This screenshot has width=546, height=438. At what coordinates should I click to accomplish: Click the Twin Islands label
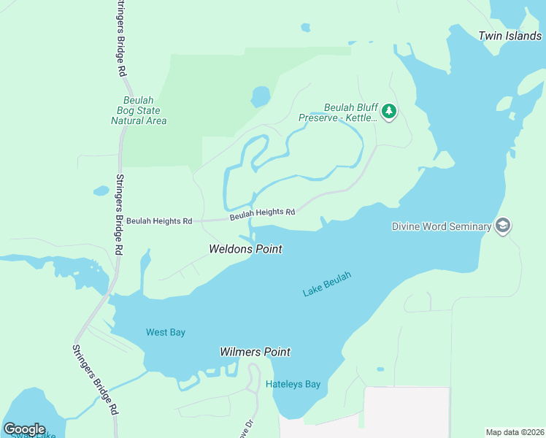[510, 36]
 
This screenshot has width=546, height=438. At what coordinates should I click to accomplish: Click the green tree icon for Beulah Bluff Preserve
[390, 111]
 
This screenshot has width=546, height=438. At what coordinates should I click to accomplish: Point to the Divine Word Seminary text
[441, 226]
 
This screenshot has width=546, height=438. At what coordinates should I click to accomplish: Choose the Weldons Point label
[245, 249]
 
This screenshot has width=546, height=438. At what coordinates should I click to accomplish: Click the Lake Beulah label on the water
[327, 283]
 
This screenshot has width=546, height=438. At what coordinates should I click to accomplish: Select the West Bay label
[166, 332]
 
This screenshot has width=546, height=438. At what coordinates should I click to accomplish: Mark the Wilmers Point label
[255, 352]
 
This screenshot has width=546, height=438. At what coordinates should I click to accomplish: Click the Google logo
[24, 429]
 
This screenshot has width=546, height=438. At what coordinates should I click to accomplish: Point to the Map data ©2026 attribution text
[515, 432]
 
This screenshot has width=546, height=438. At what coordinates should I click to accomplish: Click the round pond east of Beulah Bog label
[260, 96]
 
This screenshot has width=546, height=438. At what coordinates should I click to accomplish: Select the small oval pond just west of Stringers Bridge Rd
[101, 191]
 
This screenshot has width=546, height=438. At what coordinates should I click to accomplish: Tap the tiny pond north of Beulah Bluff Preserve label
[304, 28]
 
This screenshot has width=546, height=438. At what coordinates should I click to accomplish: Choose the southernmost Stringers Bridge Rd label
[94, 380]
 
